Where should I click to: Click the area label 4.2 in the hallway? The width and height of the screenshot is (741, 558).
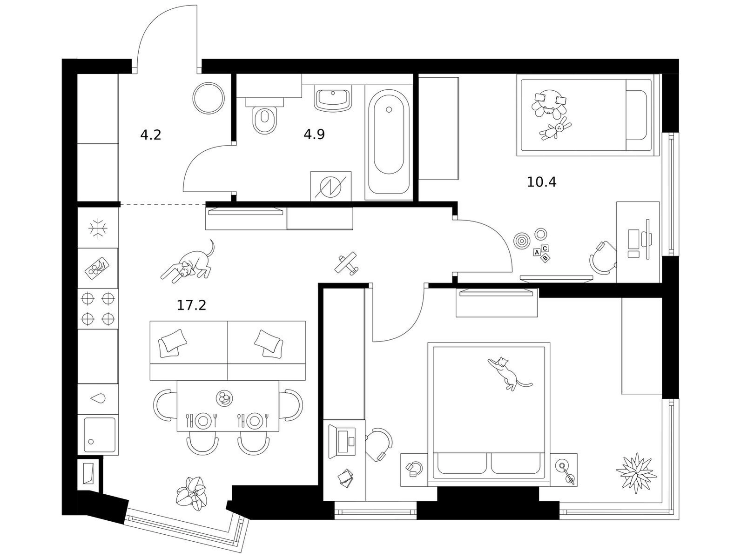pyautogui.click(x=150, y=135)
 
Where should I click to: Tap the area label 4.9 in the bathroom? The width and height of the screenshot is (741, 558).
pyautogui.click(x=314, y=134)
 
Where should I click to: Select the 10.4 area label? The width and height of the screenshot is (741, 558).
pyautogui.click(x=541, y=182)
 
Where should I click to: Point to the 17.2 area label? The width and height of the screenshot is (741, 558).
pyautogui.click(x=191, y=305)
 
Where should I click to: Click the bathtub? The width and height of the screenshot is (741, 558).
pyautogui.click(x=389, y=141)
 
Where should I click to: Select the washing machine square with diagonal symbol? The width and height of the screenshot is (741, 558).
pyautogui.click(x=330, y=186)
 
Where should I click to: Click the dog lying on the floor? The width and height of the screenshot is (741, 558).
pyautogui.click(x=188, y=261)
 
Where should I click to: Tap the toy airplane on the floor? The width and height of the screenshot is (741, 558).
pyautogui.click(x=346, y=262)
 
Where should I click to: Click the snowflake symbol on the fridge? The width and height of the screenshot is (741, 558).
pyautogui.click(x=98, y=229)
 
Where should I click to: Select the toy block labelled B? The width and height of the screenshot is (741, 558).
pyautogui.click(x=545, y=258)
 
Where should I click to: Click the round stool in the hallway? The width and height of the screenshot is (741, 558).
pyautogui.click(x=209, y=98)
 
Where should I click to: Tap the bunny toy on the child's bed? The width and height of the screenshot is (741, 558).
pyautogui.click(x=555, y=128)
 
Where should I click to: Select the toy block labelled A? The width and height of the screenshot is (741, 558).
pyautogui.click(x=536, y=252)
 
